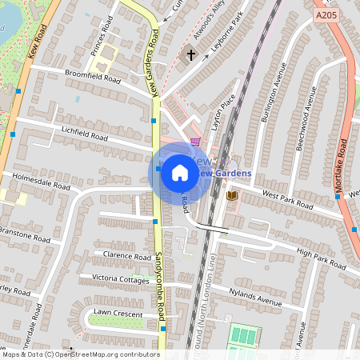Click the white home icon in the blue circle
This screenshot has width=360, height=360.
click(180, 173)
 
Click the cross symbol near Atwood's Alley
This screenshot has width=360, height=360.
click(191, 55)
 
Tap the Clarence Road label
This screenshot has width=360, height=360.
click(128, 256)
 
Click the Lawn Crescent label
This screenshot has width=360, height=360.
click(118, 314)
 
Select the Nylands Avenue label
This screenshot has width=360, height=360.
click(255, 297)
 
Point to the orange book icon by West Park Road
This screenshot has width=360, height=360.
click(232, 196)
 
